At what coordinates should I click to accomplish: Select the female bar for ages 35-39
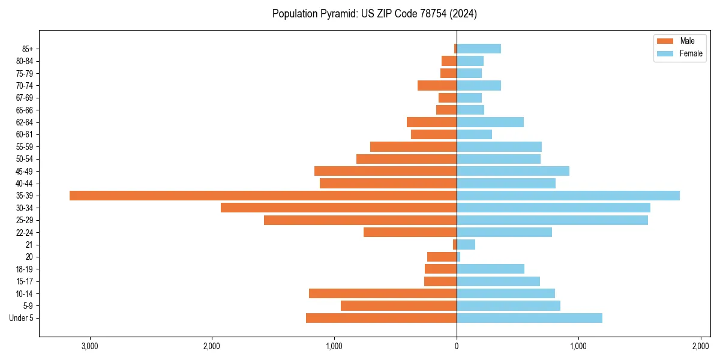coord(568,196)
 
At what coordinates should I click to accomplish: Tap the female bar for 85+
coord(479,49)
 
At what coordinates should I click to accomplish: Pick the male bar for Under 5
coord(381,318)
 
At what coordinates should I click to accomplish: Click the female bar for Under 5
coord(529,318)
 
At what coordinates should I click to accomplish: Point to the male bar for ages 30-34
coord(338,208)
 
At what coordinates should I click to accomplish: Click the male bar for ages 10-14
coord(383,293)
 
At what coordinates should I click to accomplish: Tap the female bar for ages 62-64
coord(490,122)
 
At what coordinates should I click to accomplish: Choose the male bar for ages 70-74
coord(437,85)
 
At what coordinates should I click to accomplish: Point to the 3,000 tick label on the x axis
coord(90,346)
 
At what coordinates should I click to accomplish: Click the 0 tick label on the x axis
coord(457,346)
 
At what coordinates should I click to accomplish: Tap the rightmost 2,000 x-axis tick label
coord(701,346)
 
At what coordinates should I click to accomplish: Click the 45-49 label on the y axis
coord(25,171)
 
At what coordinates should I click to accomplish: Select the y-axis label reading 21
coord(29,245)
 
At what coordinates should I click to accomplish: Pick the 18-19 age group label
coord(25,269)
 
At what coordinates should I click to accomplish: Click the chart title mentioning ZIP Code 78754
coord(374,14)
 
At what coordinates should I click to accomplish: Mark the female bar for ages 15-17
coord(498,281)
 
